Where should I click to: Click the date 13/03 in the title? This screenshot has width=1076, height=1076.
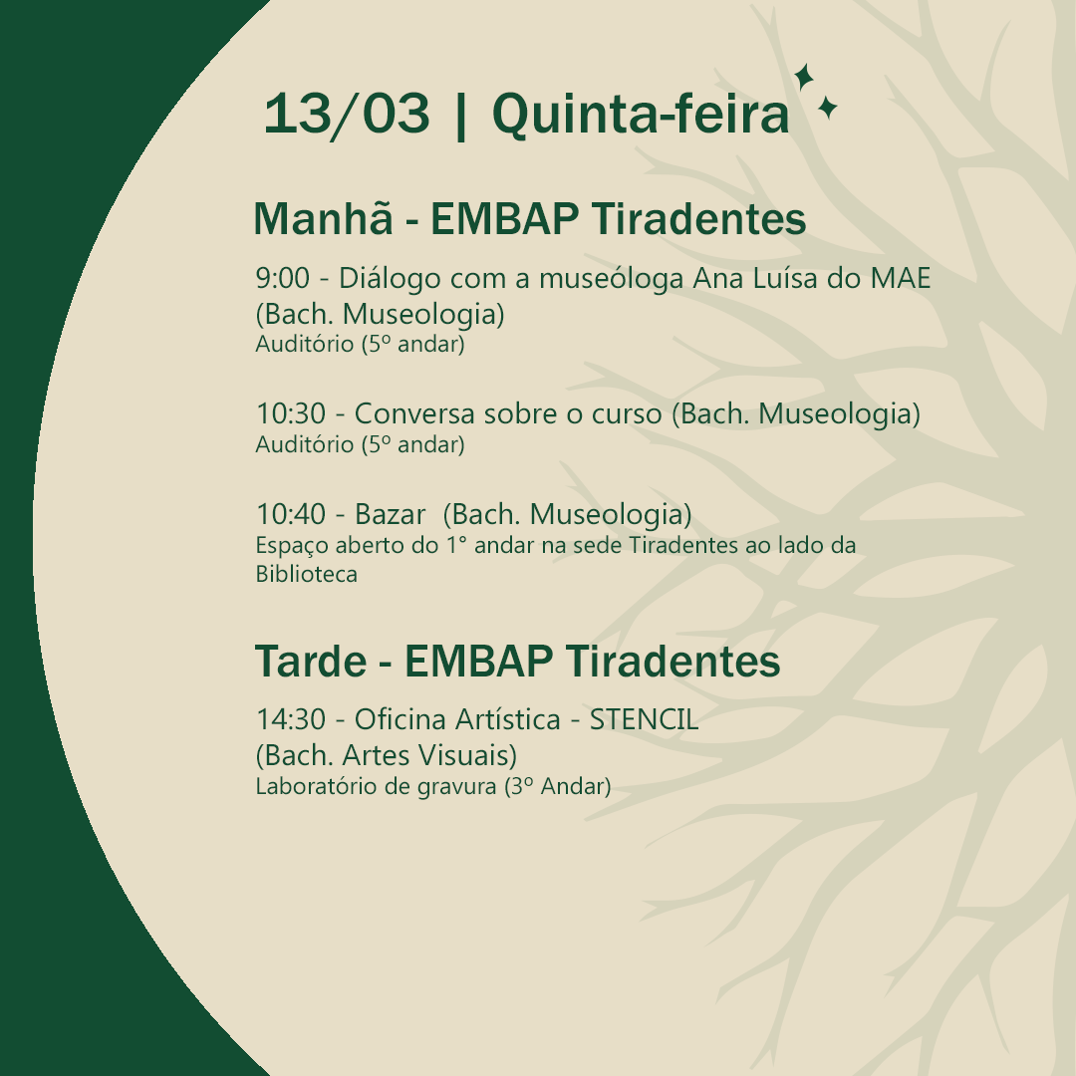(348, 115)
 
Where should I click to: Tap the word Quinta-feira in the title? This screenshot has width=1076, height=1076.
(641, 114)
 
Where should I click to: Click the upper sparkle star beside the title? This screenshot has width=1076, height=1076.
(804, 77)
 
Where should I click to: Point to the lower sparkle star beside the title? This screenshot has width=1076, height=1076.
(828, 109)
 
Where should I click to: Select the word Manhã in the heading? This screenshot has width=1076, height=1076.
(323, 218)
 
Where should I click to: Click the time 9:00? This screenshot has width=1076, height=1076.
(283, 278)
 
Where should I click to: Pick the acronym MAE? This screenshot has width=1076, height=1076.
(901, 278)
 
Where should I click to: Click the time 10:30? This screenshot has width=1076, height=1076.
(291, 413)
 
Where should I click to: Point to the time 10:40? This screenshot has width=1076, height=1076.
(291, 514)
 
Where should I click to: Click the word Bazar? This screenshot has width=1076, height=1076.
(390, 514)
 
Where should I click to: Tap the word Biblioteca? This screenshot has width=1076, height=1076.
(306, 574)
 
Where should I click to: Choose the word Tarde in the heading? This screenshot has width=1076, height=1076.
(311, 661)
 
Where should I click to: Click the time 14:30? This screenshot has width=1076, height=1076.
(291, 720)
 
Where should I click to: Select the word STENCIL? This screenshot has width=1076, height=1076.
(645, 720)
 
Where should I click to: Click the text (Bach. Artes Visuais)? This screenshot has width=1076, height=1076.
(387, 755)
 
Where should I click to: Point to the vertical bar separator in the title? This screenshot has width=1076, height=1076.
(460, 116)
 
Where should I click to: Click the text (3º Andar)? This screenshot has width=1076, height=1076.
(557, 786)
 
